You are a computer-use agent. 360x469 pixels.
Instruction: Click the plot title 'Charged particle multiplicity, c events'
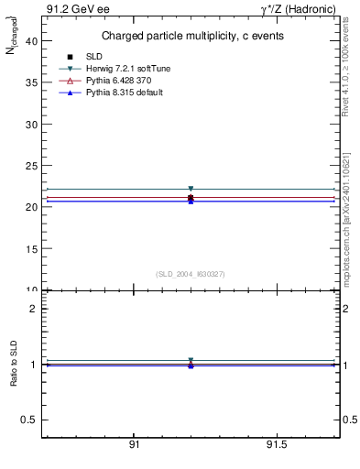191,36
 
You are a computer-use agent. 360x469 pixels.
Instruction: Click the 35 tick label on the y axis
32,82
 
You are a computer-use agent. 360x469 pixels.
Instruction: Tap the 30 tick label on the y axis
32,124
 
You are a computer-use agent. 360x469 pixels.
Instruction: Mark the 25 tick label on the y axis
32,165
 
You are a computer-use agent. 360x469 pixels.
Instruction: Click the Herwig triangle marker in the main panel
191,189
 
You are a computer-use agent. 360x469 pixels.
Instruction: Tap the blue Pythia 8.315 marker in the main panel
191,201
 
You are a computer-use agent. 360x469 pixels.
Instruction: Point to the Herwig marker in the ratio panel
191,360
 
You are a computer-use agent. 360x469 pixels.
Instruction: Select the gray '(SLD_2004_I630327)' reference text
191,274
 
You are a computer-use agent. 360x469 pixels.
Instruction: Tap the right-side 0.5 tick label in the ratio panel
349,420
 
